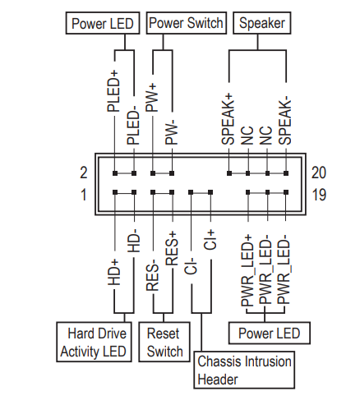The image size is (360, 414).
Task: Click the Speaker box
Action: point(262,23)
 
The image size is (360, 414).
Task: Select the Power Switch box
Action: point(187,23)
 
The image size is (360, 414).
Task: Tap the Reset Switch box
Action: point(164,342)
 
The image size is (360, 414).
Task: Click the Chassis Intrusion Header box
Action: point(244,370)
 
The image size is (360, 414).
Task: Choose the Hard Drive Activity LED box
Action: point(94,342)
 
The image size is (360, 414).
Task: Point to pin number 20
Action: point(319,172)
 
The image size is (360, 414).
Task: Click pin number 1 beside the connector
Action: point(84,195)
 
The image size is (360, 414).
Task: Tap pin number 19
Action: point(319,195)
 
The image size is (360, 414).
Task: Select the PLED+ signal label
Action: point(113,91)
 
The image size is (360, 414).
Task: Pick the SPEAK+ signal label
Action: point(228,119)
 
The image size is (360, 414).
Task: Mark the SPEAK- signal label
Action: point(285,122)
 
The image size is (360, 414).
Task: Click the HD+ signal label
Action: point(113,273)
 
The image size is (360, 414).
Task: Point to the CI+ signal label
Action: point(210,240)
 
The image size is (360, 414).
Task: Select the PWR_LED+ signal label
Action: point(247,270)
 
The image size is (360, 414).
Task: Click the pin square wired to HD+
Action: point(115,192)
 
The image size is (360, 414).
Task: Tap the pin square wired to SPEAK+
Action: point(229,173)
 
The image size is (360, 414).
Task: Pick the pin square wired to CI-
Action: point(191,192)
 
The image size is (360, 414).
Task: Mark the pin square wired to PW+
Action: point(153,173)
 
